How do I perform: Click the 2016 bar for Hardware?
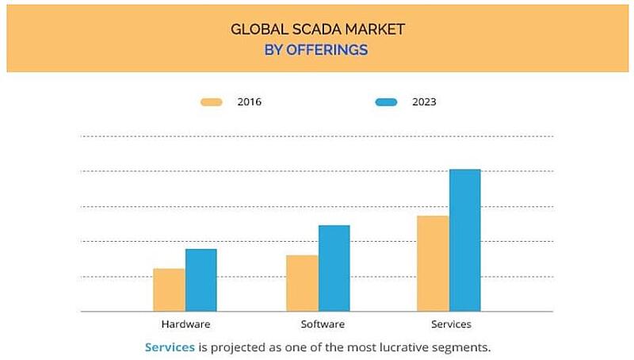[x=169, y=289]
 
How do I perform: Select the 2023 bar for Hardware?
[x=201, y=280]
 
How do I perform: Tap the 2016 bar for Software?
[x=302, y=283]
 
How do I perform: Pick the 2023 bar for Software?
[x=334, y=268]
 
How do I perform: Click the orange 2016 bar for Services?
[x=433, y=263]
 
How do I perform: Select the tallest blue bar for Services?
[x=464, y=240]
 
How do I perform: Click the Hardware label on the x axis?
[x=185, y=324]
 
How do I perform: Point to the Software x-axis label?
[x=323, y=324]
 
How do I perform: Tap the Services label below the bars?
[x=450, y=324]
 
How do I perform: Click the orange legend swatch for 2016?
[x=212, y=102]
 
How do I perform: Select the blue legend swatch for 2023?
[x=386, y=102]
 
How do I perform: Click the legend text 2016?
[x=249, y=102]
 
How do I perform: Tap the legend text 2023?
[x=424, y=102]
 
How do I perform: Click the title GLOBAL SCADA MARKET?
[x=317, y=30]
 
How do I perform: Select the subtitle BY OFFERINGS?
[x=317, y=49]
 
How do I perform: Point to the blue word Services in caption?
[x=170, y=347]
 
